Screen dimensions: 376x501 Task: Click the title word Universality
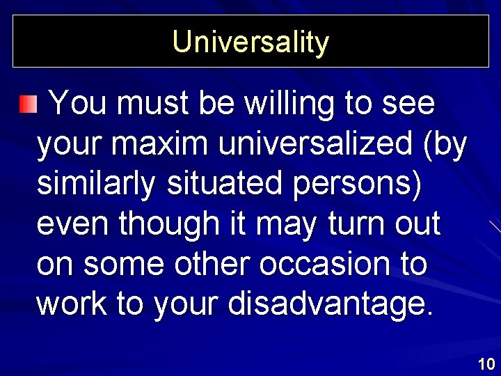point(250,42)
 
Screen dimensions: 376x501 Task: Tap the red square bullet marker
point(26,105)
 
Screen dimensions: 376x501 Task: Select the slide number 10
point(486,363)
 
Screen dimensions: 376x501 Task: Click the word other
point(208,265)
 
